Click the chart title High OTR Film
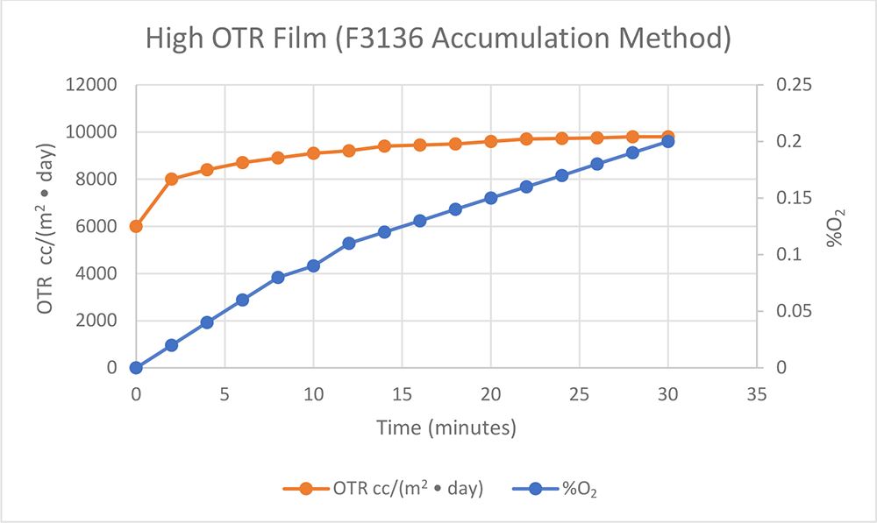click(x=438, y=39)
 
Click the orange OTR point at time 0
click(x=136, y=226)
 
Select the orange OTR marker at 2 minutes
click(x=172, y=179)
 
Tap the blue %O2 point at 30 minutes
click(x=667, y=141)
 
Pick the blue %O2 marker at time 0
click(x=136, y=367)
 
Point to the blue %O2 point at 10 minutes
click(x=313, y=265)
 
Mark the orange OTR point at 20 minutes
click(x=490, y=141)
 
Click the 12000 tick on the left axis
click(x=94, y=85)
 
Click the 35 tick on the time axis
click(x=756, y=395)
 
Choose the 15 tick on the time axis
click(x=402, y=395)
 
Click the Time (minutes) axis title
click(x=446, y=428)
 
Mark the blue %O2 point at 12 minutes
click(x=349, y=243)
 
